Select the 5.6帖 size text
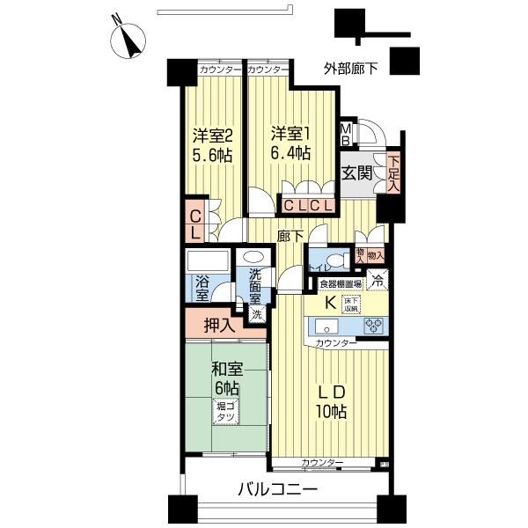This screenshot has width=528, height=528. [x=212, y=155]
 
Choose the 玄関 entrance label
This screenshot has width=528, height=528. [x=357, y=172]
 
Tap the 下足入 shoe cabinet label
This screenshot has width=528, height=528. [x=392, y=173]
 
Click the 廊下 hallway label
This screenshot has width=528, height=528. [x=290, y=235]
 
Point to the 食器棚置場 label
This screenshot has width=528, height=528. [x=341, y=283]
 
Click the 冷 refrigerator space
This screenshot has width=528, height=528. [x=378, y=282]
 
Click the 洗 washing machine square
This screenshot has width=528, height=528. [x=256, y=314]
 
